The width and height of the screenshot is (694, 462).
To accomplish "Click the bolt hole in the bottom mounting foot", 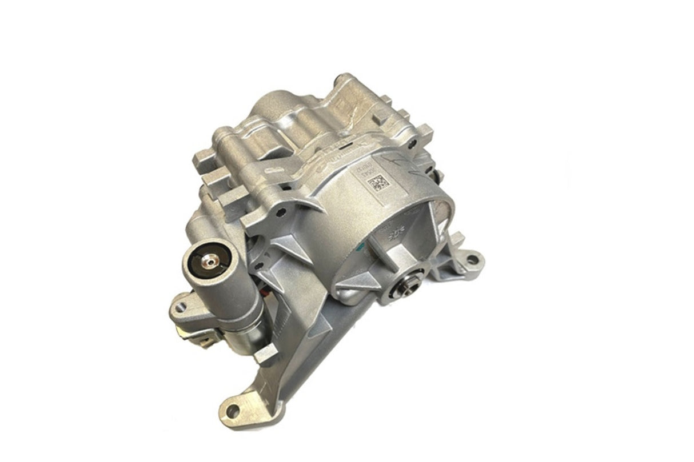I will [232, 411].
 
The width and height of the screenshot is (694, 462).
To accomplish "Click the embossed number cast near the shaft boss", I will [395, 234].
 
